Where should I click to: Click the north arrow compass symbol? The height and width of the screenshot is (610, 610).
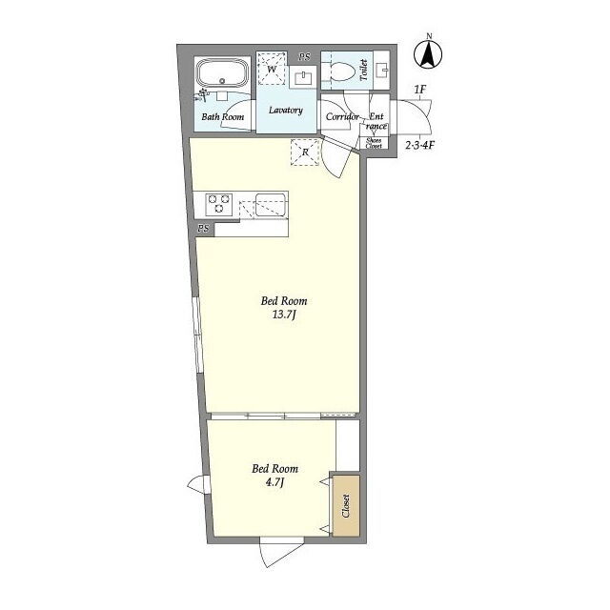pyautogui.click(x=428, y=53)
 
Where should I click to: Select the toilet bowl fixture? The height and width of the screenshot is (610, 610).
pyautogui.click(x=342, y=72)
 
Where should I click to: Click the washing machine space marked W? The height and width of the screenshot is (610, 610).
pyautogui.click(x=272, y=69)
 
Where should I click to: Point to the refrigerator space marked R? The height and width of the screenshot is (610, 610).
pyautogui.click(x=305, y=152)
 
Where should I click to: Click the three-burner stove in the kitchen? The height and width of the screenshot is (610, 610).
pyautogui.click(x=218, y=204)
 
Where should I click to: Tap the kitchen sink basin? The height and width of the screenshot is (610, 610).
pyautogui.click(x=271, y=205)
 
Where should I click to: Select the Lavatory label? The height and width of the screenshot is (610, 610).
pyautogui.click(x=286, y=111)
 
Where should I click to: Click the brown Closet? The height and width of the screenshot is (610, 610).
pyautogui.click(x=345, y=505)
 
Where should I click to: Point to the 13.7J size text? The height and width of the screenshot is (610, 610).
pyautogui.click(x=284, y=315)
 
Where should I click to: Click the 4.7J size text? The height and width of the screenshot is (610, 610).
pyautogui.click(x=275, y=483)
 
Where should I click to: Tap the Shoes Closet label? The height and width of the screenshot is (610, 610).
pyautogui.click(x=374, y=143)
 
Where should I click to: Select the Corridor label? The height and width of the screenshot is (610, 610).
pyautogui.click(x=342, y=116)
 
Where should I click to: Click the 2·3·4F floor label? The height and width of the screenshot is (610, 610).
pyautogui.click(x=420, y=146)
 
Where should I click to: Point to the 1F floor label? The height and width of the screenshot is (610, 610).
pyautogui.click(x=420, y=90)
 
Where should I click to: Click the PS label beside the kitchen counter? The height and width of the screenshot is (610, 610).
pyautogui.click(x=203, y=229)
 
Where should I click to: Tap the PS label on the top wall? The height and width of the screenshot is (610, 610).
pyautogui.click(x=305, y=57)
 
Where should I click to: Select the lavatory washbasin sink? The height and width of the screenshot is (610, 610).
pyautogui.click(x=303, y=78)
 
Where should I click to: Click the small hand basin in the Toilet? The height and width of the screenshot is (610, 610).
pyautogui.click(x=383, y=71)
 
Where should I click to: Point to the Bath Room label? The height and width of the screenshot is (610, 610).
pyautogui.click(x=222, y=116)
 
